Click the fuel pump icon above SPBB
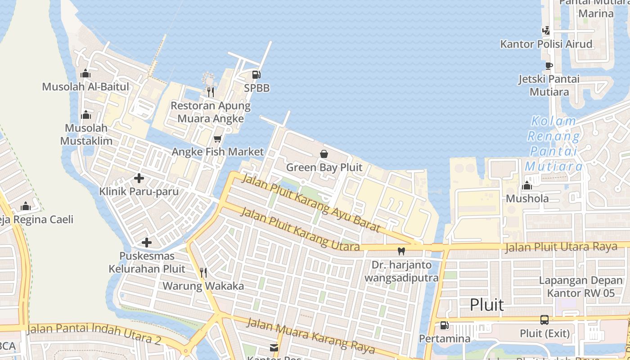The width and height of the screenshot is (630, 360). pyautogui.click(x=256, y=74)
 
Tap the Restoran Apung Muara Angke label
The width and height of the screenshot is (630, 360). pyautogui.click(x=211, y=112)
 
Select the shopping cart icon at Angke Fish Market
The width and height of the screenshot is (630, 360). pyautogui.click(x=218, y=139)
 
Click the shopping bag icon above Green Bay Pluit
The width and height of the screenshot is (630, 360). pyautogui.click(x=324, y=154)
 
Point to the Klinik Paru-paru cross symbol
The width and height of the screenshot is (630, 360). pyautogui.click(x=139, y=178)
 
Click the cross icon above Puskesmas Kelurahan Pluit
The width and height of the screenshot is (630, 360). pyautogui.click(x=147, y=243)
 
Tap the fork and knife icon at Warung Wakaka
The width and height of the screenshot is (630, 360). pyautogui.click(x=203, y=272)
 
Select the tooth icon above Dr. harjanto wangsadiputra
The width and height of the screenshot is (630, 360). pyautogui.click(x=401, y=251)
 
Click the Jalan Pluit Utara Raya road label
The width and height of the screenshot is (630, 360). pyautogui.click(x=561, y=247)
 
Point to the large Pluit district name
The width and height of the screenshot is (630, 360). pyautogui.click(x=487, y=305)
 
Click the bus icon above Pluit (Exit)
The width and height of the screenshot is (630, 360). pyautogui.click(x=544, y=320)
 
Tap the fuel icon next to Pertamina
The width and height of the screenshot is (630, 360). pyautogui.click(x=444, y=325)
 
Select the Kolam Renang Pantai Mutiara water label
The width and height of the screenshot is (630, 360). pyautogui.click(x=553, y=143)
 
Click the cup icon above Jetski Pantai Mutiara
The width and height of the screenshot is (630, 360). pyautogui.click(x=549, y=66)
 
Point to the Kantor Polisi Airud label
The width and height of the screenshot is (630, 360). pyautogui.click(x=546, y=44)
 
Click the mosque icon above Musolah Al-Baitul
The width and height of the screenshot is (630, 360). pyautogui.click(x=85, y=74)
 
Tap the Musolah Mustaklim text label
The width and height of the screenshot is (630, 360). pyautogui.click(x=86, y=134)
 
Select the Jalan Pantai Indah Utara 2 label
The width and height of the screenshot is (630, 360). pyautogui.click(x=94, y=333)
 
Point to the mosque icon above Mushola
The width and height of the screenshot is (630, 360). pyautogui.click(x=527, y=185)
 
